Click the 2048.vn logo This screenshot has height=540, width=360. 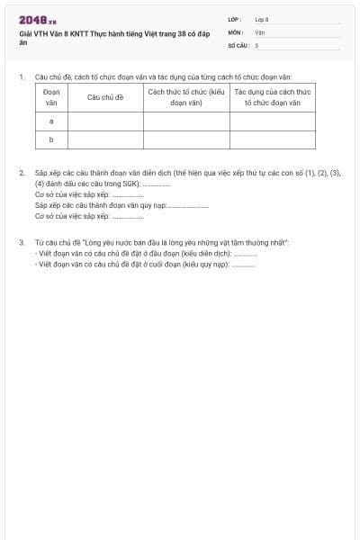tap(38, 21)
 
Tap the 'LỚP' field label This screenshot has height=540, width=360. tap(235, 19)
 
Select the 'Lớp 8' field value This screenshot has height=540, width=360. tap(262, 19)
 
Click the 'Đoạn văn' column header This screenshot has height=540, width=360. tap(51, 97)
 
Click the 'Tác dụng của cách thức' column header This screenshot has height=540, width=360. tap(272, 97)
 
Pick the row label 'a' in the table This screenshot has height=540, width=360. tap(51, 121)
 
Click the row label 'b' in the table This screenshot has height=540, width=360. tap(51, 139)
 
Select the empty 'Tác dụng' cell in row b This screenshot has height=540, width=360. tap(272, 139)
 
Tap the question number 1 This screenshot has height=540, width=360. tap(21, 77)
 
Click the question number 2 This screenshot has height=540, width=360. tap(21, 172)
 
